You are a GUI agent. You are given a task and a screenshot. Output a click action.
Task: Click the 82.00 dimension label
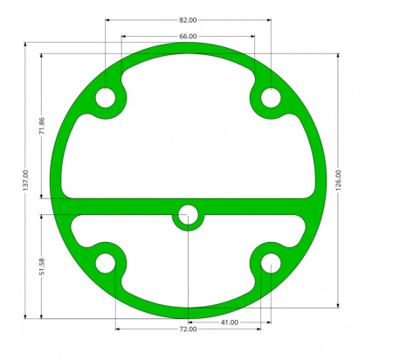pyautogui.click(x=188, y=20)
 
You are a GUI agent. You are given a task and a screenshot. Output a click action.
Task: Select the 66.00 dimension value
pyautogui.click(x=188, y=37)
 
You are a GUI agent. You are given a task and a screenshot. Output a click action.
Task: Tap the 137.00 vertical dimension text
pyautogui.click(x=25, y=181)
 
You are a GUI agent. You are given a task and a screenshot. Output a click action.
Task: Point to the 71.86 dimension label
pyautogui.click(x=42, y=126)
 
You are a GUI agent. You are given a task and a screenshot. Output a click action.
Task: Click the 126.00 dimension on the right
pyautogui.click(x=338, y=181)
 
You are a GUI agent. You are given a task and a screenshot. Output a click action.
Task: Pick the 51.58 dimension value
pyautogui.click(x=42, y=267)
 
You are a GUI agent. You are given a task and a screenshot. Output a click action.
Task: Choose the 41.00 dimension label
pyautogui.click(x=230, y=322)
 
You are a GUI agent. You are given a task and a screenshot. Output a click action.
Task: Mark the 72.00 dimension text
pyautogui.click(x=188, y=329)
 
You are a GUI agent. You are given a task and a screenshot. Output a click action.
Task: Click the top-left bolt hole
pyautogui.click(x=106, y=98)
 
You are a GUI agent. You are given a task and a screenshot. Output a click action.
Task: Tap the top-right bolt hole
pyautogui.click(x=271, y=98)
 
